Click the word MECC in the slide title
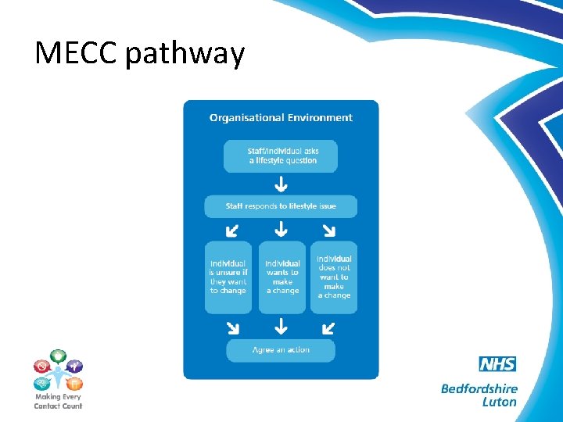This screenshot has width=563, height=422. click(x=75, y=53)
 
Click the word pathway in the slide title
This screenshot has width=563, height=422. click(x=185, y=55)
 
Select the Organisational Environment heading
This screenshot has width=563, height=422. click(x=281, y=118)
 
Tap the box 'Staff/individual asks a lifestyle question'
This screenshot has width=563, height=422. click(x=281, y=156)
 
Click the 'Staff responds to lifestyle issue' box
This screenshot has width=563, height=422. click(x=281, y=206)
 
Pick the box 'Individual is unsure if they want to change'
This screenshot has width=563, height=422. click(x=228, y=277)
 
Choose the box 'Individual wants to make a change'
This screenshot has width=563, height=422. click(x=281, y=277)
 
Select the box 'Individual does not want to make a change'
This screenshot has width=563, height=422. click(x=334, y=277)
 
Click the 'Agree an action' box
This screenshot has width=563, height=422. click(x=281, y=350)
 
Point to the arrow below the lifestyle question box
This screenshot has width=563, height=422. click(x=281, y=184)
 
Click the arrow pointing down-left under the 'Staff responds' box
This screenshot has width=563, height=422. click(x=232, y=230)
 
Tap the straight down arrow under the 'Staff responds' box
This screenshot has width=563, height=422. click(x=281, y=230)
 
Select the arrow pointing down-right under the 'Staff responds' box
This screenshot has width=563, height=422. click(x=329, y=230)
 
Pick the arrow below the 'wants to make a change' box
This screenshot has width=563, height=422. click(x=281, y=326)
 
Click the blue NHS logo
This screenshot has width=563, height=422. click(x=497, y=364)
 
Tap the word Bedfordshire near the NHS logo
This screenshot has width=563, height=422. click(x=479, y=388)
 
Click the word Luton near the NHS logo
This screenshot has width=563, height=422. click(x=500, y=402)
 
